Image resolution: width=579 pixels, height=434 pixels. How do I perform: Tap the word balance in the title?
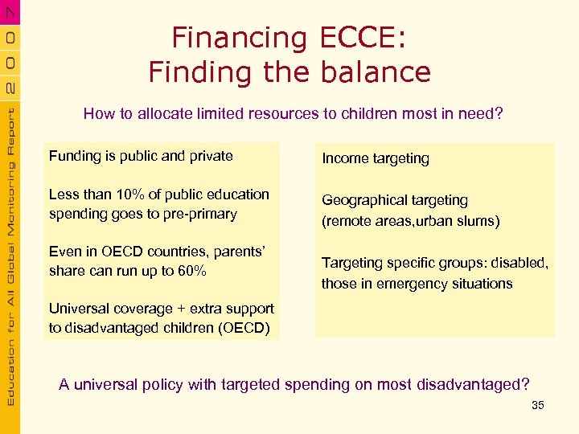coord(376,72)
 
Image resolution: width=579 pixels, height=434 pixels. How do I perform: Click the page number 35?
coord(538,405)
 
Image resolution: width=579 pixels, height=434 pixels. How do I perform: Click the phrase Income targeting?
coord(376,158)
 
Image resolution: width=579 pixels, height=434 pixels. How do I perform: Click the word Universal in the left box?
coord(79,309)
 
